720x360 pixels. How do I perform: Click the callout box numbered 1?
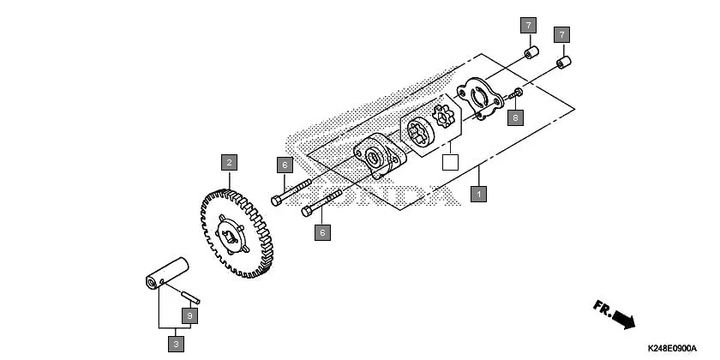479,194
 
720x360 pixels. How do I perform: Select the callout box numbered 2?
228,161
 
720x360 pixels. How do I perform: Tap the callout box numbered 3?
177,344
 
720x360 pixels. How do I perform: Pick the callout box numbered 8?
514,117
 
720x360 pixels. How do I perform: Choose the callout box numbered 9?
189,316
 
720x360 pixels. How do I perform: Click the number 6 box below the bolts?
322,232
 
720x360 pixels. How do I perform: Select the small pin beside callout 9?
191,297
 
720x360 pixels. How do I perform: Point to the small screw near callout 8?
519,93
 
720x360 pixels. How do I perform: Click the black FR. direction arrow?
615,315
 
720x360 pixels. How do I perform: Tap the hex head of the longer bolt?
274,201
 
